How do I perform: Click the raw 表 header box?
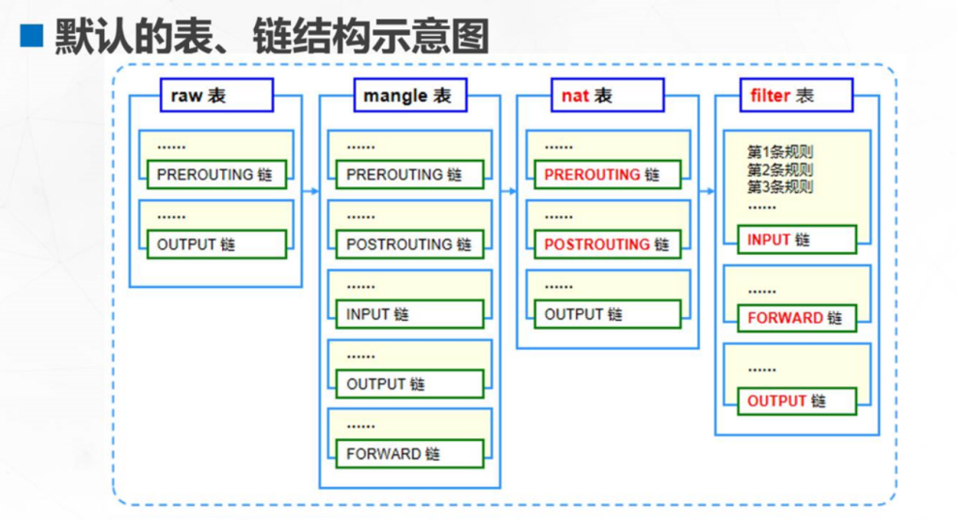202,95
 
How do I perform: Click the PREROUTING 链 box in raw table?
215,175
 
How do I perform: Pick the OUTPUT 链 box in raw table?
215,244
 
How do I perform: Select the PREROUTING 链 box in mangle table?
409,175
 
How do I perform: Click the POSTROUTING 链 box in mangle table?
409,244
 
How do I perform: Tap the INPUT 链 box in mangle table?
409,314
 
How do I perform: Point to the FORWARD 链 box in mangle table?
409,453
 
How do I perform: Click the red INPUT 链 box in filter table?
796,240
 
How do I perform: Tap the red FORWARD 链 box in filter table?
796,318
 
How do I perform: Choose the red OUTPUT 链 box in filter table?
796,401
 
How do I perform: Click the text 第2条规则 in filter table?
780,169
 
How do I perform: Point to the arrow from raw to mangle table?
310,191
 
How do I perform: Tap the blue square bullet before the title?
32,37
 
